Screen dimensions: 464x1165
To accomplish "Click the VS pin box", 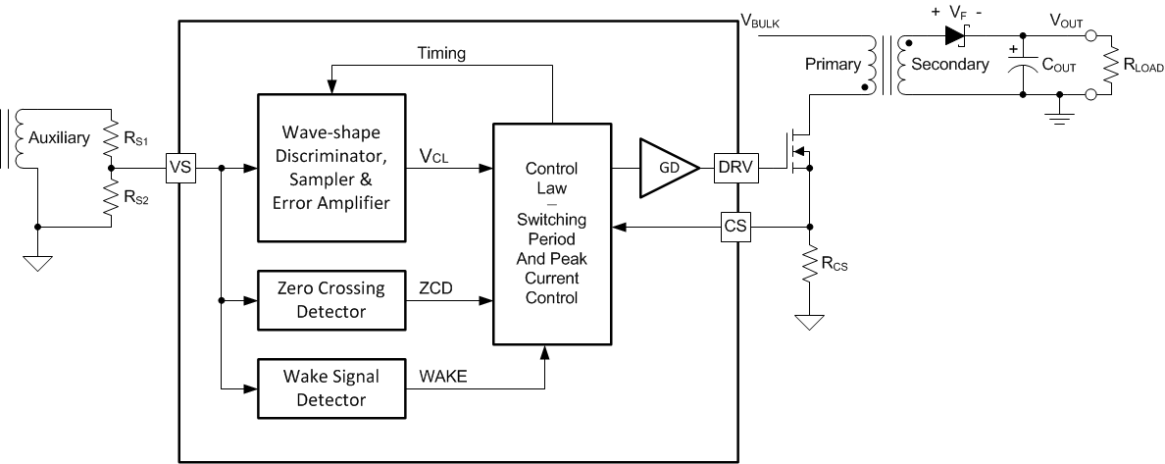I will tap(179, 169).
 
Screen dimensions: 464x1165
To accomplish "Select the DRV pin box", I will tap(734, 169).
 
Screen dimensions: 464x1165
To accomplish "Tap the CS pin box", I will tap(734, 227).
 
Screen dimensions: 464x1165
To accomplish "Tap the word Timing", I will tap(441, 52).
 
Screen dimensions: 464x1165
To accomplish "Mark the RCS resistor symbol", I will tap(809, 264).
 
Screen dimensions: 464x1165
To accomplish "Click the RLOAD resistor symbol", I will tap(1112, 65).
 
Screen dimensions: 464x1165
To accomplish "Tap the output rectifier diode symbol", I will tap(955, 36).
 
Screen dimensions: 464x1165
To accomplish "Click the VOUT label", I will tap(1069, 19).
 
